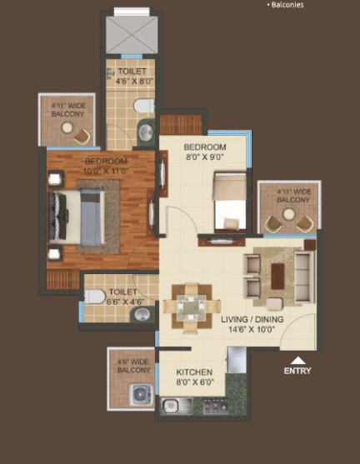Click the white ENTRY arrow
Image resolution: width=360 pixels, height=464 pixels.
tap(297, 360)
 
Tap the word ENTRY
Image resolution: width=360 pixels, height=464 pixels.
tap(297, 371)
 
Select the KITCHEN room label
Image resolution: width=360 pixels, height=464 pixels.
tap(194, 372)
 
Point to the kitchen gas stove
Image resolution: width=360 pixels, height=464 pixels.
tap(215, 406)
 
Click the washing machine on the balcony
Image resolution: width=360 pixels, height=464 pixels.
tap(141, 395)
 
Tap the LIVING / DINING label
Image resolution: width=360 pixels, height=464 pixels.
tap(252, 319)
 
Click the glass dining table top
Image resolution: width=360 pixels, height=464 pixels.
tap(192, 307)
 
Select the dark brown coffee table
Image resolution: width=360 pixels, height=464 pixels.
tap(277, 277)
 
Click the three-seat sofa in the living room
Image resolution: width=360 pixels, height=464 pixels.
tap(304, 276)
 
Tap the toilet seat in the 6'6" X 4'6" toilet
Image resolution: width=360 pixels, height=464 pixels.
tap(94, 297)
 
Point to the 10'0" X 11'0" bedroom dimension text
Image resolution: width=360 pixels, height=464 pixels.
tap(106, 171)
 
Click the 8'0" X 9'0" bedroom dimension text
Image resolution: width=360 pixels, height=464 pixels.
tap(204, 157)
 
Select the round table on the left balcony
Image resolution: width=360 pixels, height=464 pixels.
tap(67, 127)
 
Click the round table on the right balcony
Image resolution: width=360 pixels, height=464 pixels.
tap(288, 213)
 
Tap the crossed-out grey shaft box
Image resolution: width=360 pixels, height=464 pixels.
tap(132, 35)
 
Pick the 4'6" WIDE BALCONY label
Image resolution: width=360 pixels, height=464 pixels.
tap(134, 366)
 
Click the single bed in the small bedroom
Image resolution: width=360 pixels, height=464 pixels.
tap(230, 202)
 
